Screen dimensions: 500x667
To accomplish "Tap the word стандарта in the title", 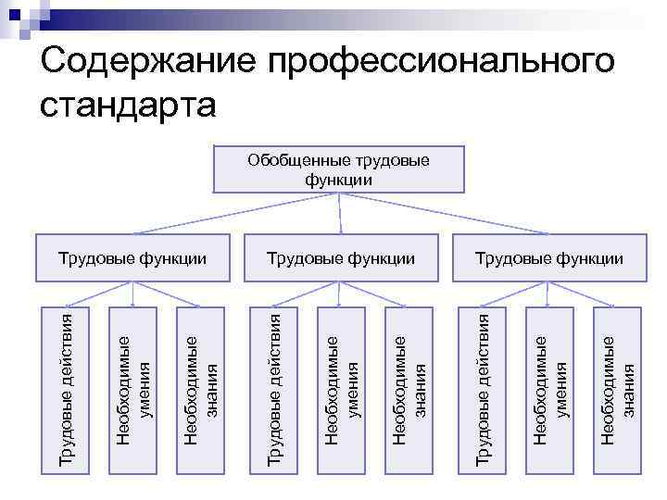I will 129,104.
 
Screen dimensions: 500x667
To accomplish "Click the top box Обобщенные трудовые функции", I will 339,169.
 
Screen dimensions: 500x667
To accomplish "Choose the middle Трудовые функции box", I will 339,258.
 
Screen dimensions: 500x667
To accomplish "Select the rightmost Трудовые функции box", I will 548,258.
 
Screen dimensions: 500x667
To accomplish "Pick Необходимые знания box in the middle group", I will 409,389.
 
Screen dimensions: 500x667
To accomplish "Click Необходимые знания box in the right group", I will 618,389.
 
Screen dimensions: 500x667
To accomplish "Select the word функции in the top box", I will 339,180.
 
